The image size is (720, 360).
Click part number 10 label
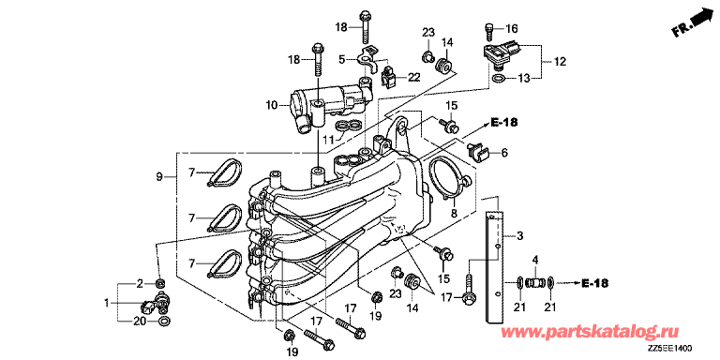point(272,105)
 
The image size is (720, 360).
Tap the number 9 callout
point(159,177)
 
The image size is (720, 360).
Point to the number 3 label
point(519,236)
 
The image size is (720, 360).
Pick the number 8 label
point(454,213)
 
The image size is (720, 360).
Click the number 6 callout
point(503,153)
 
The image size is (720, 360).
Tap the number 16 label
point(512,29)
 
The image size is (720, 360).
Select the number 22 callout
point(414,78)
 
